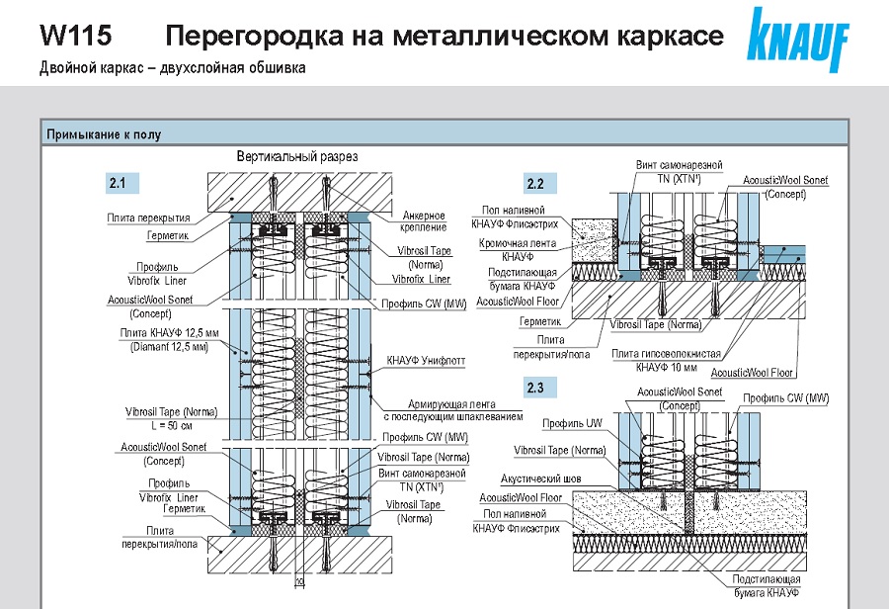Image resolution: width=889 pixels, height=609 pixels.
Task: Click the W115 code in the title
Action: point(75,37)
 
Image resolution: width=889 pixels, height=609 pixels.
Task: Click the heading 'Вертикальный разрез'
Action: point(296,157)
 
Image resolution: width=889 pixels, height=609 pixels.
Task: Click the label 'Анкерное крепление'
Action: point(424,221)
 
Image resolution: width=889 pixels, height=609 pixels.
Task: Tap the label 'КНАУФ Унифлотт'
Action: point(426,363)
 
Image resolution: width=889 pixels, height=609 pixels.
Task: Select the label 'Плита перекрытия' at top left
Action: point(149,217)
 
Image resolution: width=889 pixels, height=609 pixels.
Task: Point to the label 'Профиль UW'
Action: point(572,424)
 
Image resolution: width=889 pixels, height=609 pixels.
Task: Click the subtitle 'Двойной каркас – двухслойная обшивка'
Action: point(173,68)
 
